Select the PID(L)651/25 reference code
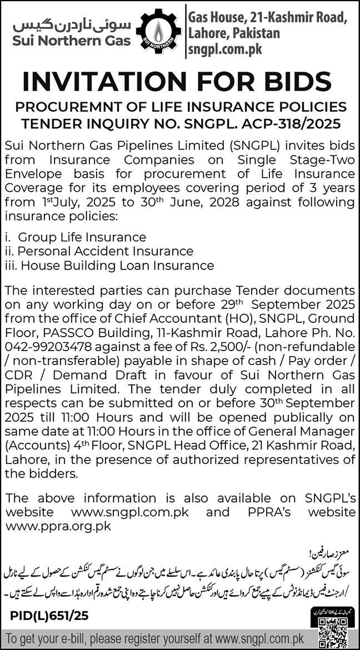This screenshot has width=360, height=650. [x=49, y=616]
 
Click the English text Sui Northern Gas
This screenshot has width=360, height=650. [x=69, y=41]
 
